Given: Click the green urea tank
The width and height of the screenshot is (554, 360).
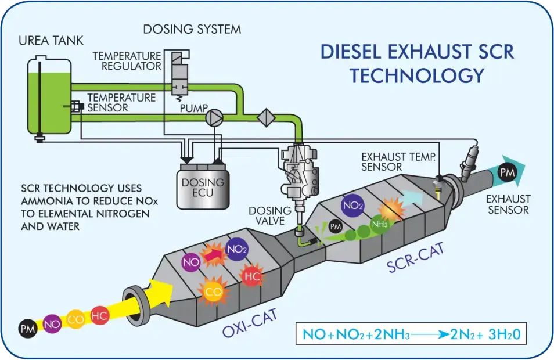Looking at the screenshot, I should click(x=49, y=99).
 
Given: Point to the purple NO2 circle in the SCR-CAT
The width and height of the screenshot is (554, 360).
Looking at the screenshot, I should click(x=353, y=205).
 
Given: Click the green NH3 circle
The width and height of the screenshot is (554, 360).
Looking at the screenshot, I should click(x=380, y=225).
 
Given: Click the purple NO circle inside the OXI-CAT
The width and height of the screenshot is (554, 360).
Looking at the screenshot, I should click(x=192, y=262).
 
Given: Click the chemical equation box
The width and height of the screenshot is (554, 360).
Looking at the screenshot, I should click(x=410, y=334).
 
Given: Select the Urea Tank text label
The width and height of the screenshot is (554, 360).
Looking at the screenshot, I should click(x=51, y=41).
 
